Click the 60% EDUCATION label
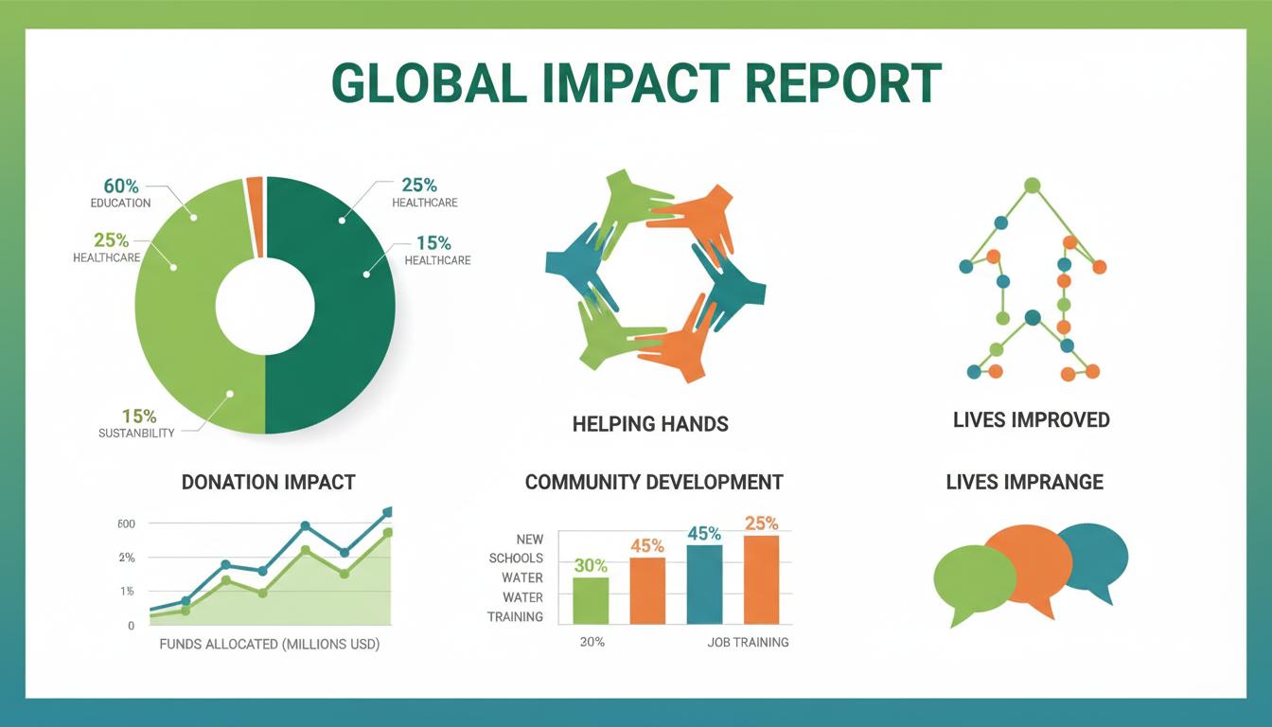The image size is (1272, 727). [120, 193]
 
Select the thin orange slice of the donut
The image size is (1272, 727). [255, 216]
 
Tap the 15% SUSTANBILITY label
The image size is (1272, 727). [138, 423]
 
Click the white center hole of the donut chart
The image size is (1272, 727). [265, 308]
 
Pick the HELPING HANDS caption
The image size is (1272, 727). [650, 423]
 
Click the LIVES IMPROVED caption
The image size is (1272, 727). [1031, 419]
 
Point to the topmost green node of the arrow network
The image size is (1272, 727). [1032, 185]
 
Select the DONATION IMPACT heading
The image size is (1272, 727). [268, 482]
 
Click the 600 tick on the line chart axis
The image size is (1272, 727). [127, 524]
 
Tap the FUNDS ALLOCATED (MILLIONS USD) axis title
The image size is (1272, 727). [269, 645]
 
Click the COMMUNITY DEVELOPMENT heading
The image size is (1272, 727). [654, 482]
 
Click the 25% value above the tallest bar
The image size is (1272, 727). [761, 523]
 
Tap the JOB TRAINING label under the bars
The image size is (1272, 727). [748, 642]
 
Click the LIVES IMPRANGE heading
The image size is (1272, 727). [1024, 482]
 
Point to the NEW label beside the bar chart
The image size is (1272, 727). [529, 539]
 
